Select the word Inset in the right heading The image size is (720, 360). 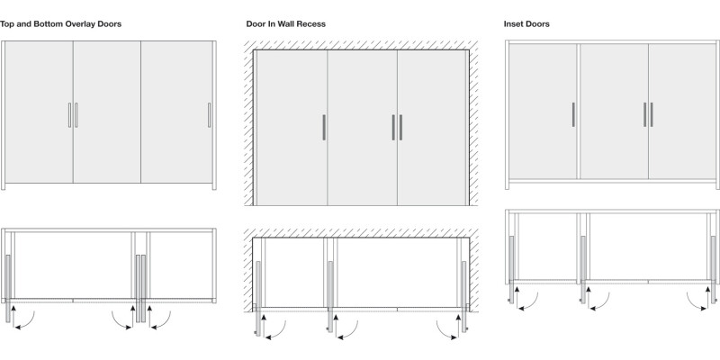513,24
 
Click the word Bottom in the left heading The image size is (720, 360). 49,24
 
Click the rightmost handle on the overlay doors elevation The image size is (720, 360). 210,115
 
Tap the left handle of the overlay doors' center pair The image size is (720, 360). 70,115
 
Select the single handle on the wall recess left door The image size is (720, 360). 324,127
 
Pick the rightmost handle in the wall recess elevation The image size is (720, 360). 400,127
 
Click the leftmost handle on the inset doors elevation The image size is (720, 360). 573,114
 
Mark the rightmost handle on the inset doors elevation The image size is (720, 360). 652,114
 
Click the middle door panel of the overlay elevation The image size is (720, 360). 107,112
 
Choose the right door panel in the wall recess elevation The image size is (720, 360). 432,127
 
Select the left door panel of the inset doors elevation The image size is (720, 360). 543,111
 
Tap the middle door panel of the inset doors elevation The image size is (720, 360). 614,111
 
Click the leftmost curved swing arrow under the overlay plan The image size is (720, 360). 25,321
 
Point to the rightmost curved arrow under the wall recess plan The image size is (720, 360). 445,331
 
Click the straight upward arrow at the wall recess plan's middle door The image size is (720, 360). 336,327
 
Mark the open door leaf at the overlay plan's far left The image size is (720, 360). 8,288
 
